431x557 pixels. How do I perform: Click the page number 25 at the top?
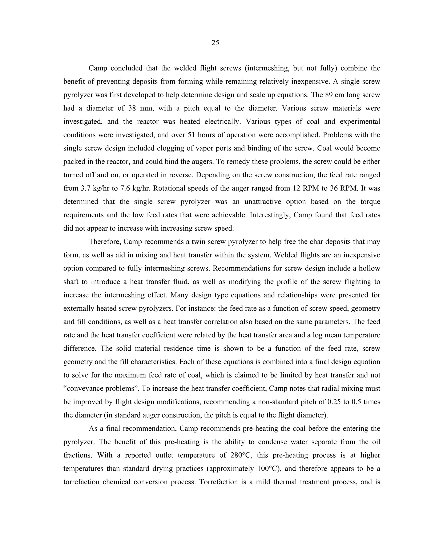pos(215,43)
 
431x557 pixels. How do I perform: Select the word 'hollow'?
pos(370,268)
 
